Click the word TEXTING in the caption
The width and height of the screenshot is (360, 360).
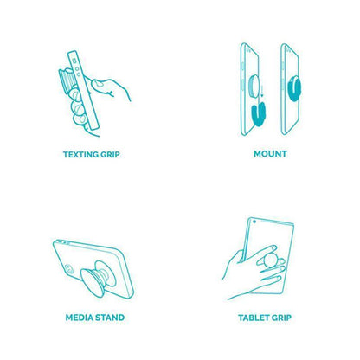point(80,155)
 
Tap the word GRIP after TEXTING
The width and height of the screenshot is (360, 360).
point(110,155)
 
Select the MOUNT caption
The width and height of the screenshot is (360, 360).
point(270,154)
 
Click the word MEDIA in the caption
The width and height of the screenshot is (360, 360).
point(80,318)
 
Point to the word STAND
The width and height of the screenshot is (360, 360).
point(110,318)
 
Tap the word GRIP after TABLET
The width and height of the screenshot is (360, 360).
point(281,318)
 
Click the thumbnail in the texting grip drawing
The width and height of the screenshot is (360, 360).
point(99,84)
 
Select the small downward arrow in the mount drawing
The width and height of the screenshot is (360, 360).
point(262,91)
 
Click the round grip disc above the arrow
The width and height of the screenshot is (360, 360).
point(254,86)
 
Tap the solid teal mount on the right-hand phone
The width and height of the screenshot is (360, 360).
point(294,88)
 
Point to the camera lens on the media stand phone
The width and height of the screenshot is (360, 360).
point(68,267)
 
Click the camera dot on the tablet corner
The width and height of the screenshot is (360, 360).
point(254,222)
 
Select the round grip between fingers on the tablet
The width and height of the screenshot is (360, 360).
point(271,260)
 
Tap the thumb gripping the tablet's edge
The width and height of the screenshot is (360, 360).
point(241,256)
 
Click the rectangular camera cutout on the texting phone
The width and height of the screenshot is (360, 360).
point(74,61)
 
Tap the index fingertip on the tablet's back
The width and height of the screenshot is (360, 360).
point(273,247)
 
